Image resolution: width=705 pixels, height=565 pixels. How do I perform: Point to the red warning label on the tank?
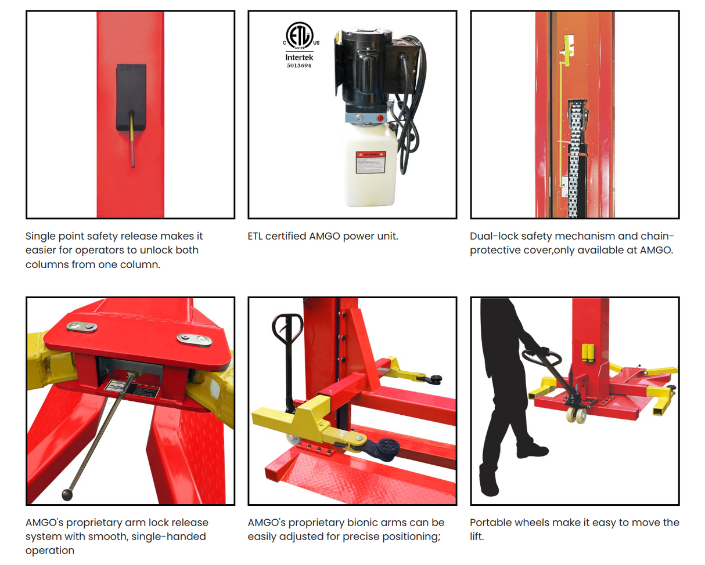[371, 162]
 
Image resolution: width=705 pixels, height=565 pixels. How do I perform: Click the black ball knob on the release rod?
[67, 494]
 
